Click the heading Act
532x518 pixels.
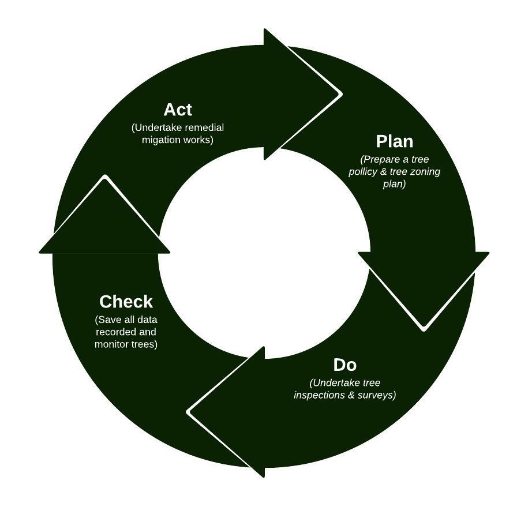178,110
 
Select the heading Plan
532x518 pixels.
395,141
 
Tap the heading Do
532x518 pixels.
345,365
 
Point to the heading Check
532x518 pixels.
126,302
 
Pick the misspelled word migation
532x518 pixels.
161,140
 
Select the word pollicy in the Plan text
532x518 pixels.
364,172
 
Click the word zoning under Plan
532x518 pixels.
426,172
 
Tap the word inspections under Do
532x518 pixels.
320,396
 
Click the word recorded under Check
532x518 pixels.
118,332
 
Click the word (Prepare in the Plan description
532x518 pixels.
380,159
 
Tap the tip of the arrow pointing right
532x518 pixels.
341,93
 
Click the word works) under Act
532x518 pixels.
198,140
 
